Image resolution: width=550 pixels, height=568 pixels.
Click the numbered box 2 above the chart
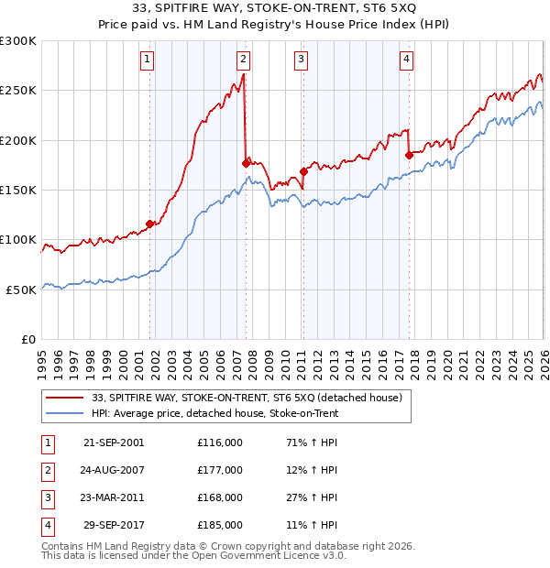(243, 60)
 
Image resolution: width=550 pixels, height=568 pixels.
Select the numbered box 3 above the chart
(301, 60)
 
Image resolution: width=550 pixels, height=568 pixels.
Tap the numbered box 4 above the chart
(406, 60)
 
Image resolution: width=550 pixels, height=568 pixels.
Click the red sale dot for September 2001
(149, 223)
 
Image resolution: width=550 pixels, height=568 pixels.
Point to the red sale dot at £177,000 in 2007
(246, 163)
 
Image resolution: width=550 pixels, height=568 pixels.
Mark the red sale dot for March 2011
(303, 171)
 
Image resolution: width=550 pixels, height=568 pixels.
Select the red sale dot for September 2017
(409, 155)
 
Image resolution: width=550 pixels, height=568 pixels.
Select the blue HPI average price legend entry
(214, 414)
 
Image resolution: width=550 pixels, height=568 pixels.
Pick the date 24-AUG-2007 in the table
(114, 470)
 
